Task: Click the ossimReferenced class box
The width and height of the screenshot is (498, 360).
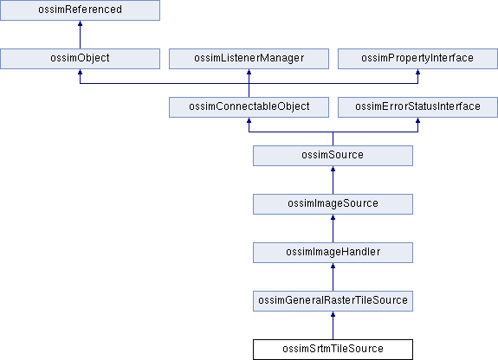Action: tap(80, 10)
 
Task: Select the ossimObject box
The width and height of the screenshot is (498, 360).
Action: tap(80, 59)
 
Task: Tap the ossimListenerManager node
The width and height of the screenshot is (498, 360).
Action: tap(249, 59)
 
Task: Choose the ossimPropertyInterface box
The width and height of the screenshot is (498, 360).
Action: tap(417, 59)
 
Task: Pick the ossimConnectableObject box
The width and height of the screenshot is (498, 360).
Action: tap(249, 107)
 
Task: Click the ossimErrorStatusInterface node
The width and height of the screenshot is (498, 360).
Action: tap(417, 107)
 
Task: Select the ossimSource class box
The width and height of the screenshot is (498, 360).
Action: tap(333, 156)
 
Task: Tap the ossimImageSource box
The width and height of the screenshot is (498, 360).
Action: tap(333, 204)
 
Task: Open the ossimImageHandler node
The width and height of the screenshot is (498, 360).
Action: tap(333, 253)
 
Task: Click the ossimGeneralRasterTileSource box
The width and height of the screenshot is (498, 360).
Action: tap(333, 301)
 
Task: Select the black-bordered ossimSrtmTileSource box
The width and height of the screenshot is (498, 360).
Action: tap(333, 350)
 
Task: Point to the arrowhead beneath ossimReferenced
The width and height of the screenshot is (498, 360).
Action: tap(80, 23)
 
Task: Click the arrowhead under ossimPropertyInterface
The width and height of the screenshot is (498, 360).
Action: tap(417, 72)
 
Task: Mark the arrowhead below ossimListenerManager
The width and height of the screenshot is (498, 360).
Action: tap(249, 72)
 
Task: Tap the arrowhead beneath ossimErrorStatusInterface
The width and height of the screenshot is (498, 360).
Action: tap(417, 120)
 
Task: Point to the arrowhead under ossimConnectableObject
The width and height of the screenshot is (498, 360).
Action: tap(249, 120)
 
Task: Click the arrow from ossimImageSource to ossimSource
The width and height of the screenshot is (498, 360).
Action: tap(333, 180)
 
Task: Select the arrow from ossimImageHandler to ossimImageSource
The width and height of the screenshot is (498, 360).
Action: tap(333, 228)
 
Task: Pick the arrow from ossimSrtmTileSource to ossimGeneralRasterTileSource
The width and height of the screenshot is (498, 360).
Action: tap(333, 325)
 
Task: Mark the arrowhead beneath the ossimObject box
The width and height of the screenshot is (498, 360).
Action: tap(80, 72)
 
